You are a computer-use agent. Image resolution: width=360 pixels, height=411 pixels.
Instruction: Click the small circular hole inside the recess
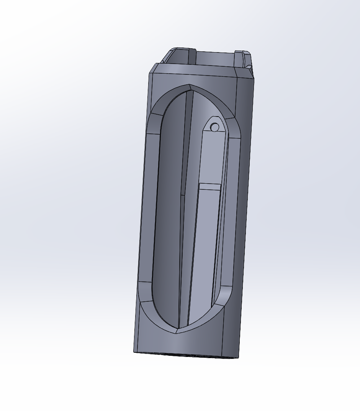coord(215,127)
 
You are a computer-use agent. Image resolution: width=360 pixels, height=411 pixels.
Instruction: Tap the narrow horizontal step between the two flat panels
coord(210,187)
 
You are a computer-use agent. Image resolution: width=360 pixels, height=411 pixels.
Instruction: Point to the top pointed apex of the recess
coord(190,85)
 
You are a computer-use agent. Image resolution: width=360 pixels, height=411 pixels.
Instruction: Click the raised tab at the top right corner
coord(243,58)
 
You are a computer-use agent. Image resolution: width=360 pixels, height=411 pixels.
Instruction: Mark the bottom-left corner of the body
coord(134,352)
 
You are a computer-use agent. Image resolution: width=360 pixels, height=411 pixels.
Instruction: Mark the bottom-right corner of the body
coord(238,358)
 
